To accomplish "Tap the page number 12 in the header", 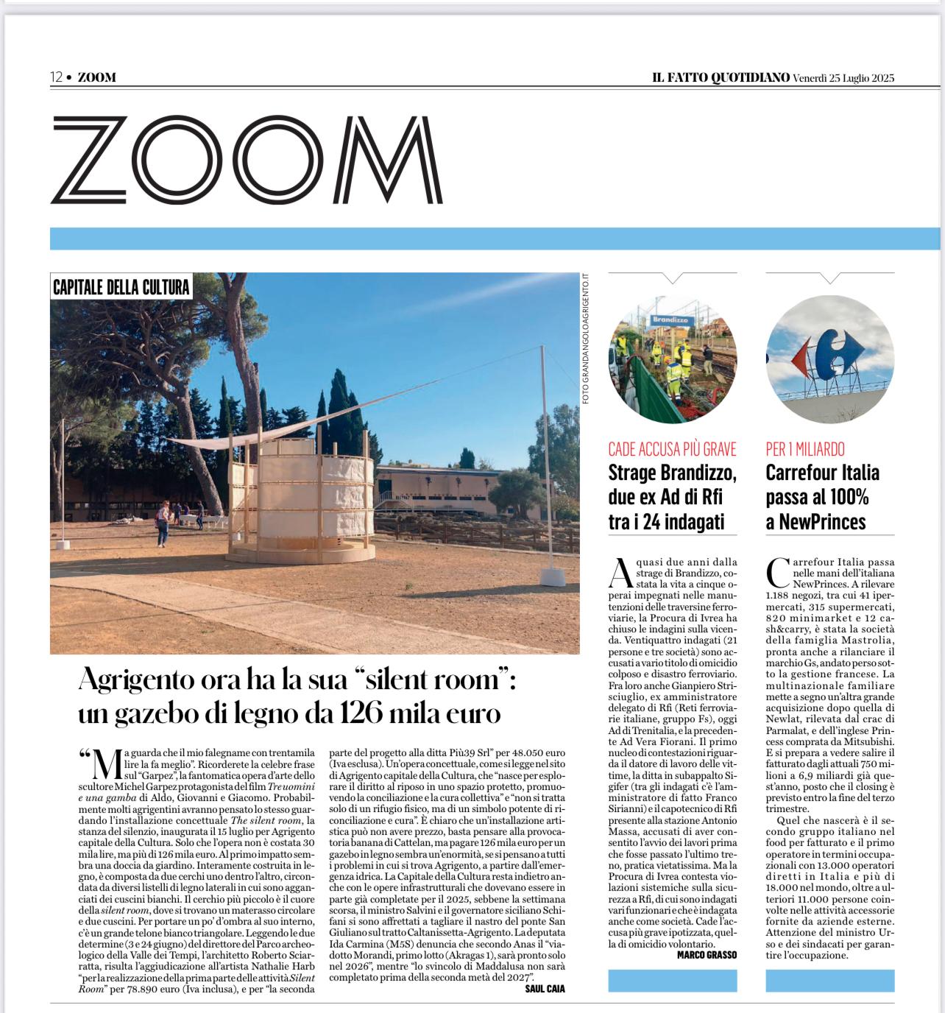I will coord(56,77).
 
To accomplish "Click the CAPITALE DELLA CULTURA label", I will coord(121,286).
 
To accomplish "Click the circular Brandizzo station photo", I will coord(673,361).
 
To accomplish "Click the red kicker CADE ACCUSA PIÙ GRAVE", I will coord(672,449).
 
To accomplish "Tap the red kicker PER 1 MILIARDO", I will coord(805,449).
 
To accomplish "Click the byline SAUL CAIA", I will coord(545,989).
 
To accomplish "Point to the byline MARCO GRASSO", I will coord(707,955).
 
